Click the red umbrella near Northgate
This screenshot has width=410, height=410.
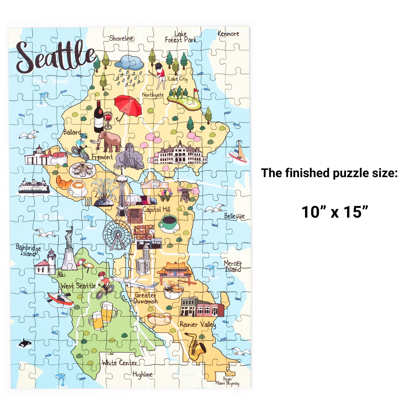click(x=128, y=106)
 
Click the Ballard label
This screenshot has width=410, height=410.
click(x=72, y=132)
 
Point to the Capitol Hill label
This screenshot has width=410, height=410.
click(x=156, y=209)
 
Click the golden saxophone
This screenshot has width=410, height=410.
click(x=195, y=346)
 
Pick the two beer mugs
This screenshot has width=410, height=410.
click(x=103, y=316)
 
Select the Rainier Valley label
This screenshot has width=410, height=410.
click(x=198, y=325)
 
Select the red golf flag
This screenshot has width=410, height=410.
click(x=196, y=91)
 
